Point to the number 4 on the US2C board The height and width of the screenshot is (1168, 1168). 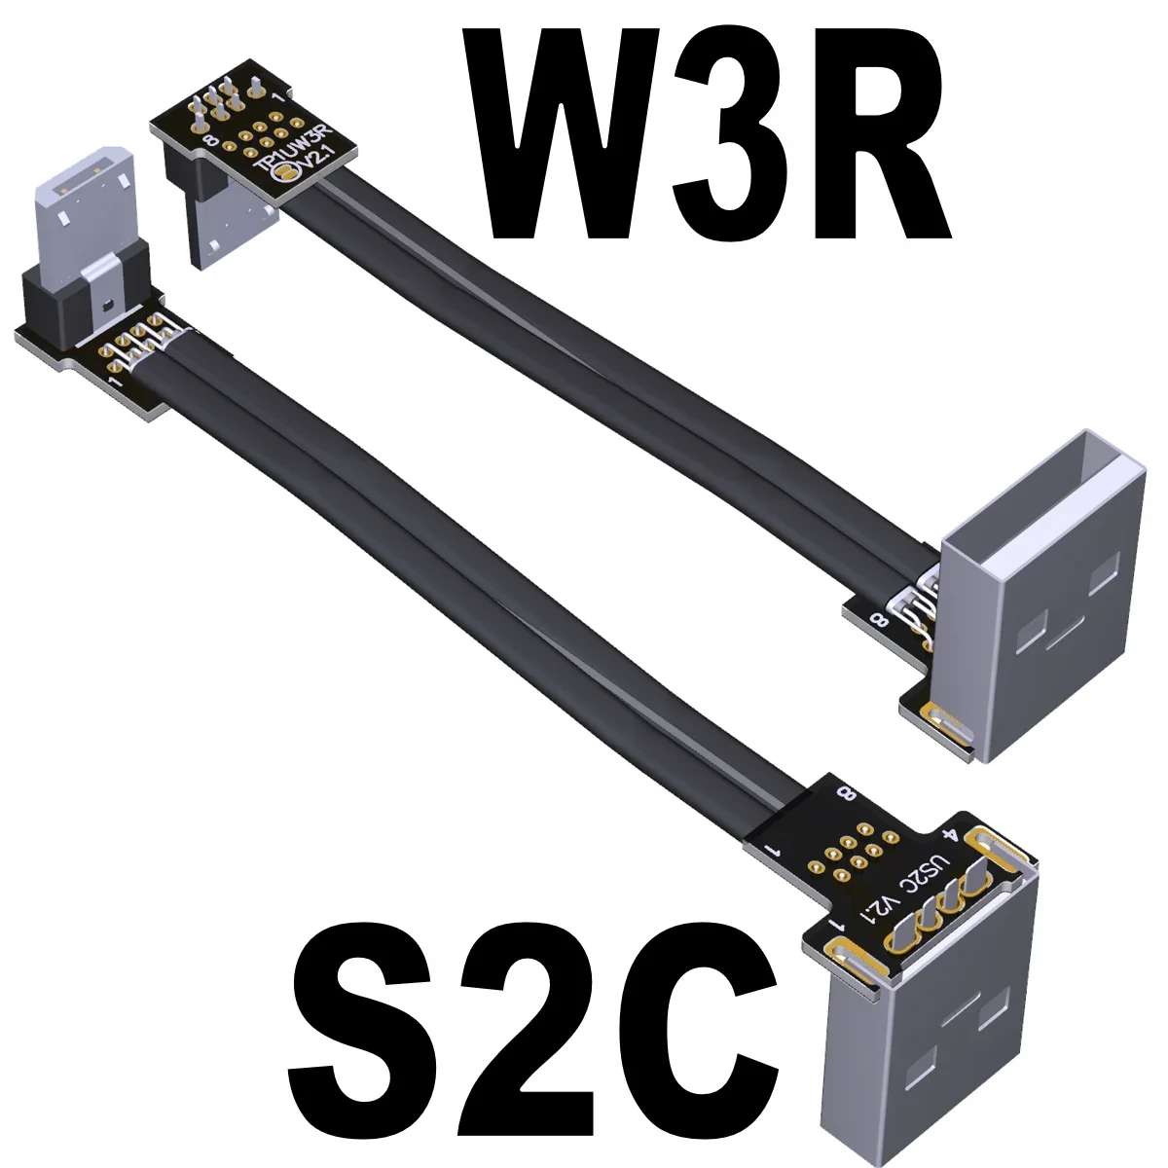(954, 834)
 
